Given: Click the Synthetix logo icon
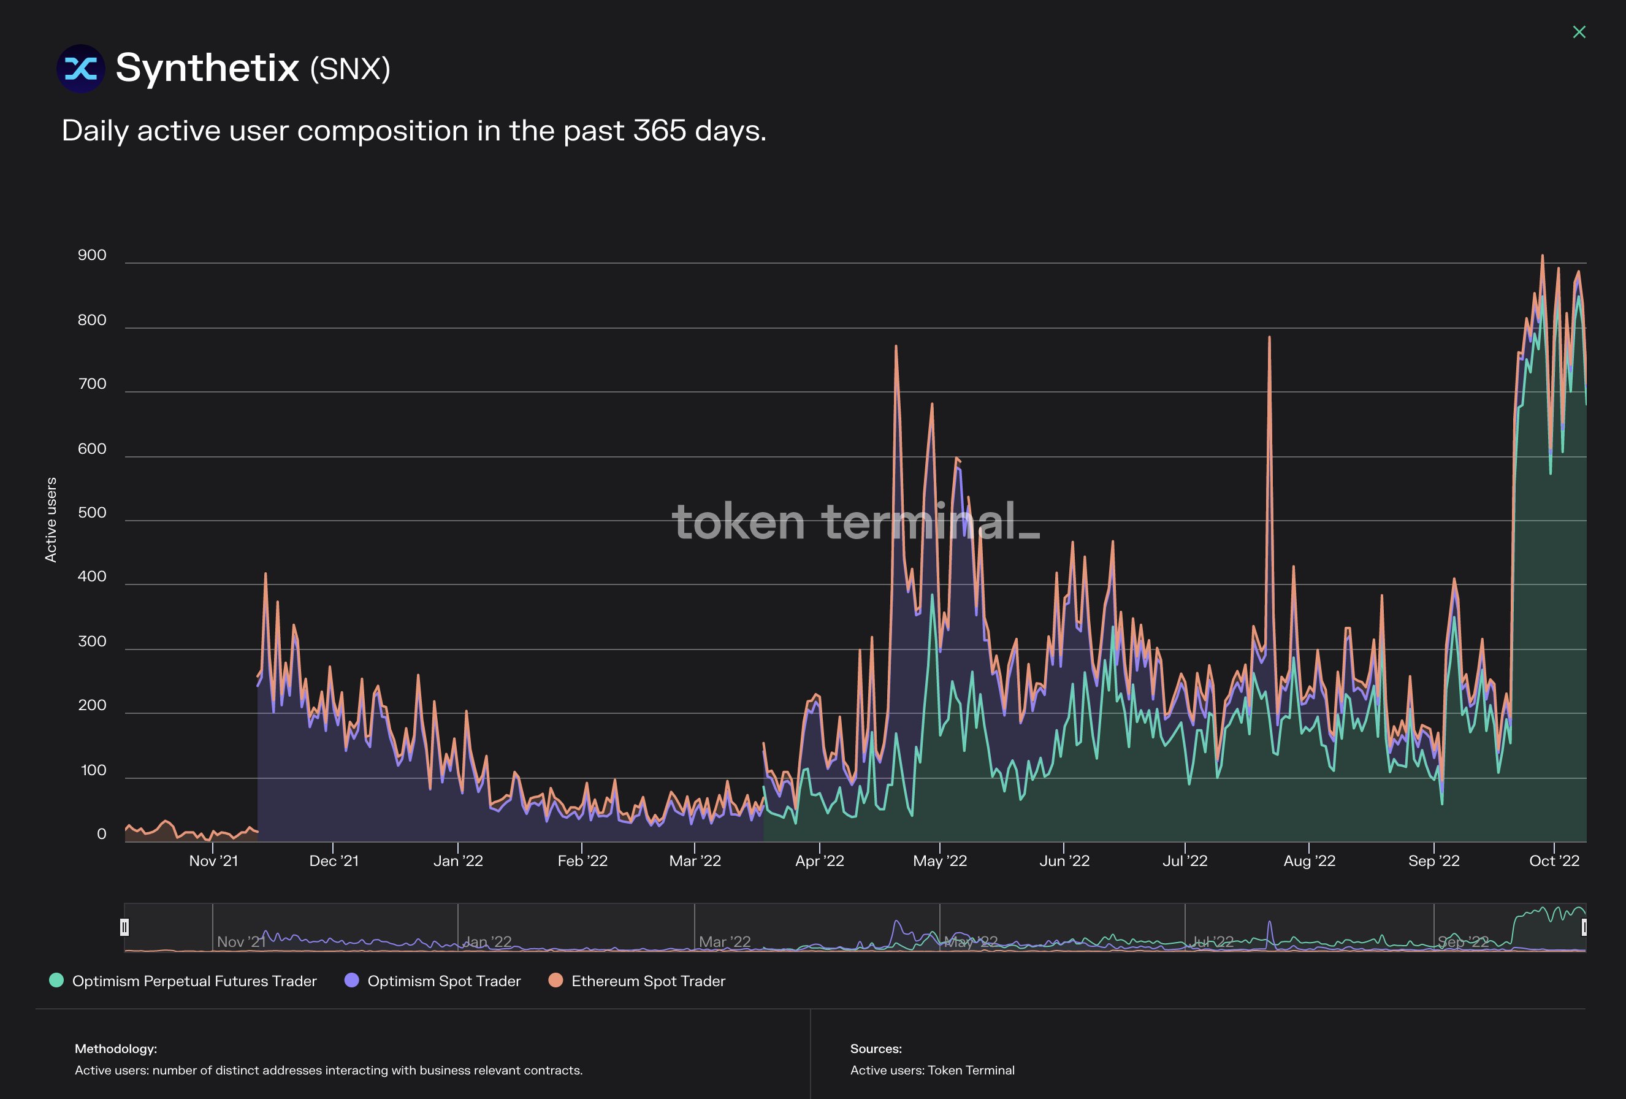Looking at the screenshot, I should coord(80,69).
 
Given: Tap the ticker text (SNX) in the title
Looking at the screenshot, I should coord(350,69).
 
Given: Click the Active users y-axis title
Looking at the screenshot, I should coord(50,519).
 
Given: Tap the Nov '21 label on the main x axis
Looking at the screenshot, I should coord(213,861).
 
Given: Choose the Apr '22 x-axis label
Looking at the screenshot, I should coord(819,861).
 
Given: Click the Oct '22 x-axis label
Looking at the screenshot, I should coord(1553,861).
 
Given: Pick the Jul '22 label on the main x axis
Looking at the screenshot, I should coord(1185,861).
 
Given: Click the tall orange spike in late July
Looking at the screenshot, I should coord(1269,340).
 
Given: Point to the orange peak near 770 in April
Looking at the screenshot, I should coord(896,348).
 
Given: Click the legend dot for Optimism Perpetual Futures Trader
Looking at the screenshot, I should coord(56,981).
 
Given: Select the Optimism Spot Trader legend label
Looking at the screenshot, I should coord(443,981).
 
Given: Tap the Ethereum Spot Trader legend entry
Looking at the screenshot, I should coord(648,981).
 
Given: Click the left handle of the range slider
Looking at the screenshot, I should coord(124,927).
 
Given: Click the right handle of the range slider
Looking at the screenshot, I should coord(1584,927).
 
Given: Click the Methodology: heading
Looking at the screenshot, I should coord(115,1049).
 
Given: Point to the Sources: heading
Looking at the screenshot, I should coord(876,1049).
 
